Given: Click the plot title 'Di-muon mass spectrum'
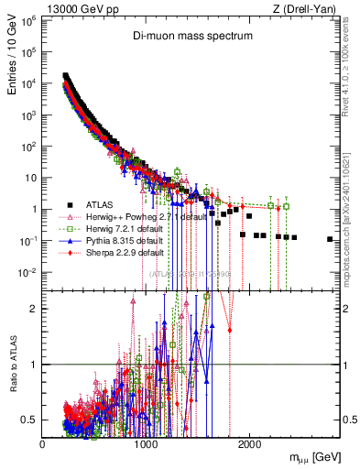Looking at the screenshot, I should pyautogui.click(x=190, y=35).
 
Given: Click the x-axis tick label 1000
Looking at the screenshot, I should pyautogui.click(x=146, y=444).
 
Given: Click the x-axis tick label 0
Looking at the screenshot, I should pyautogui.click(x=42, y=444).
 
